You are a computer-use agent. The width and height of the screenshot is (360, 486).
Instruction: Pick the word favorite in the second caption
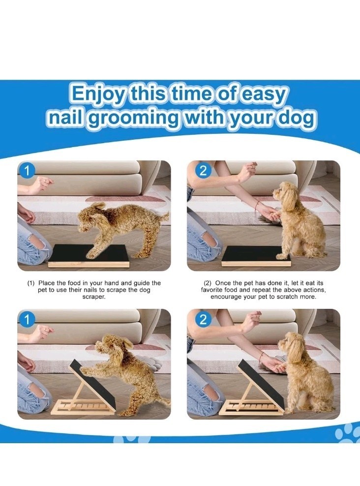pyautogui.click(x=212, y=290)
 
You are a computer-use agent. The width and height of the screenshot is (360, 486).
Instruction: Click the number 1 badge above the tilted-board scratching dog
pyautogui.click(x=27, y=320)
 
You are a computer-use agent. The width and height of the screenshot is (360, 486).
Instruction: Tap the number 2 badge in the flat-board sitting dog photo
pyautogui.click(x=203, y=171)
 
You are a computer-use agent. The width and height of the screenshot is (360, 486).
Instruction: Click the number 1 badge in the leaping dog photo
pyautogui.click(x=27, y=171)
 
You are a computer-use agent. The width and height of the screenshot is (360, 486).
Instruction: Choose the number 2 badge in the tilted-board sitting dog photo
pyautogui.click(x=203, y=320)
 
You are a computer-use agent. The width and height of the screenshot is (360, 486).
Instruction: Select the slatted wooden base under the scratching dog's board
pyautogui.click(x=83, y=407)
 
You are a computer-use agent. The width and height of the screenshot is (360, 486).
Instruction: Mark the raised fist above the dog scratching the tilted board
pyautogui.click(x=44, y=332)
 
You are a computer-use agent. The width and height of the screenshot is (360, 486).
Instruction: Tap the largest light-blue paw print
pyautogui.click(x=347, y=432)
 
